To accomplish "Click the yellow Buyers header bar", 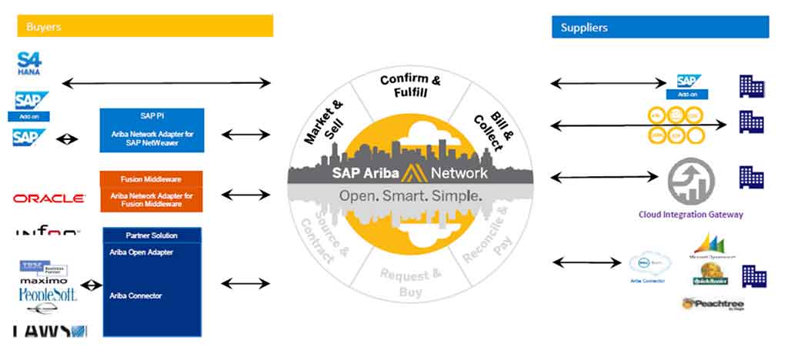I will click(145, 27).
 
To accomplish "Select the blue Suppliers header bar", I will click(659, 27).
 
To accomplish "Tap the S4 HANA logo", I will click(29, 63).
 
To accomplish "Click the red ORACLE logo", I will click(48, 198).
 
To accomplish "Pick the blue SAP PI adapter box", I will click(152, 130).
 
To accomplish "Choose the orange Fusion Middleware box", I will click(152, 191).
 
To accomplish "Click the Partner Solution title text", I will click(152, 235).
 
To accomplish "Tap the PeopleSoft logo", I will click(48, 295).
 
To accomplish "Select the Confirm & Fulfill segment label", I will click(410, 85).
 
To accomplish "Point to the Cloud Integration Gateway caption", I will click(690, 215).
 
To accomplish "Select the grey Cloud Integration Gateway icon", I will click(690, 182).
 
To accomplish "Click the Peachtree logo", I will click(713, 304).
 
